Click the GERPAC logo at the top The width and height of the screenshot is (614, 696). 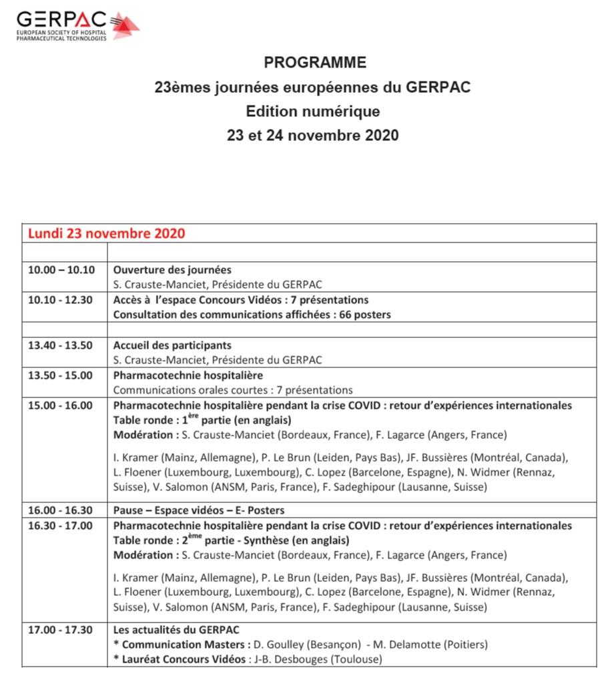(77, 25)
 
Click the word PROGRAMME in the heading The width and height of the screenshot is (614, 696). (315, 63)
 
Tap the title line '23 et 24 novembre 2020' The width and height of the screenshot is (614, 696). (312, 135)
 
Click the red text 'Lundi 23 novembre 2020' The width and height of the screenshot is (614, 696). (106, 234)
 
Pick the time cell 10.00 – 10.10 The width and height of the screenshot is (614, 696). (61, 270)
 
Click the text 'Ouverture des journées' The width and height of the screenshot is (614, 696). (172, 270)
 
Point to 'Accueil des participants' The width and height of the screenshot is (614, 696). (172, 345)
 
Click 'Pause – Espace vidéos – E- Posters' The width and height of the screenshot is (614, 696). (199, 510)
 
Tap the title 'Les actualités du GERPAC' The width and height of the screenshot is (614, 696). (176, 630)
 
